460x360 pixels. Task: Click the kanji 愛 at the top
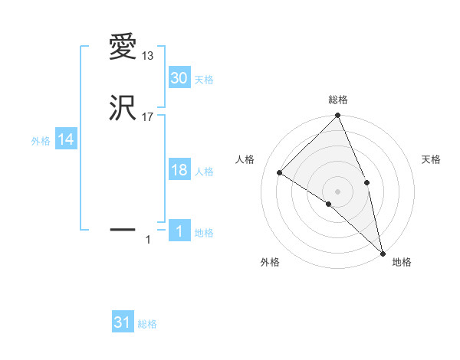123,47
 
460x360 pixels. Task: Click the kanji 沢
123,108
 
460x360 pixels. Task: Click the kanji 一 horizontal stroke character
123,228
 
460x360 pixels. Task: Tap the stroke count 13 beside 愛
147,56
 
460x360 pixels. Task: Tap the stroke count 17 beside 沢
147,117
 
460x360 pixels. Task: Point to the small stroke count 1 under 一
148,241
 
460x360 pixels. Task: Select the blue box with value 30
179,77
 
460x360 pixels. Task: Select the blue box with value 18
179,170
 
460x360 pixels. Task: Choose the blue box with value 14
66,139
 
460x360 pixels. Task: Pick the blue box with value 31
123,322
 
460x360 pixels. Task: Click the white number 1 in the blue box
179,231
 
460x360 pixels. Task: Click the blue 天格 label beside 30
204,79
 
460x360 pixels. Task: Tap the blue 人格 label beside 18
204,172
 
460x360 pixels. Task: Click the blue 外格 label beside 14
41,141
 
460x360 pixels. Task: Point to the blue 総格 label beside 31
147,324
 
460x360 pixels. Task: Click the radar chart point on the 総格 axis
337,116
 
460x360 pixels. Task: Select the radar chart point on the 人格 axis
280,173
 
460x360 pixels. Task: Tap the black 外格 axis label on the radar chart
270,262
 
